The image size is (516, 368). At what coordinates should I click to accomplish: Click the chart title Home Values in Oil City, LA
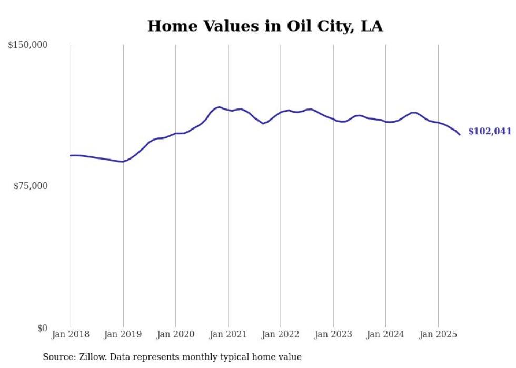pyautogui.click(x=265, y=26)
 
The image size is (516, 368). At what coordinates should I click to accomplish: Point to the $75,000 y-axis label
pyautogui.click(x=30, y=186)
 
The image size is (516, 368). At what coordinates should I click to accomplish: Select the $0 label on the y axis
pyautogui.click(x=42, y=328)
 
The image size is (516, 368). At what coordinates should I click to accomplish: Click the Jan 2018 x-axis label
pyautogui.click(x=71, y=334)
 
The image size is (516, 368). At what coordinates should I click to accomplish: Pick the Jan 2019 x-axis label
pyautogui.click(x=123, y=334)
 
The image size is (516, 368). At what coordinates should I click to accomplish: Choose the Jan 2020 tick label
pyautogui.click(x=176, y=334)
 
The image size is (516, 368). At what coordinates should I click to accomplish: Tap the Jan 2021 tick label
pyautogui.click(x=228, y=334)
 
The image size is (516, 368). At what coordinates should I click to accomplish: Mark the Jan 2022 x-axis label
pyautogui.click(x=281, y=334)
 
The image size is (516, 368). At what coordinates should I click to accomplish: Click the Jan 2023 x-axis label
pyautogui.click(x=333, y=334)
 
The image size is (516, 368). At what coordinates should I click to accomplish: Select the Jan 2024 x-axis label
pyautogui.click(x=385, y=334)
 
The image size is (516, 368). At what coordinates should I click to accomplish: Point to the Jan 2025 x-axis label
pyautogui.click(x=438, y=334)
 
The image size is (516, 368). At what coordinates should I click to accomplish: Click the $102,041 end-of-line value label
pyautogui.click(x=490, y=131)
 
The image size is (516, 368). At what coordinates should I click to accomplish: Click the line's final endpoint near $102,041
pyautogui.click(x=460, y=135)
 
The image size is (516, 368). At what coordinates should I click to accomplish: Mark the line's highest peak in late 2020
pyautogui.click(x=219, y=107)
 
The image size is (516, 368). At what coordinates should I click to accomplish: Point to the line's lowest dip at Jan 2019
pyautogui.click(x=122, y=162)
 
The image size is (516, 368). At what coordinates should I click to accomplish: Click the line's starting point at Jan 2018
pyautogui.click(x=71, y=155)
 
